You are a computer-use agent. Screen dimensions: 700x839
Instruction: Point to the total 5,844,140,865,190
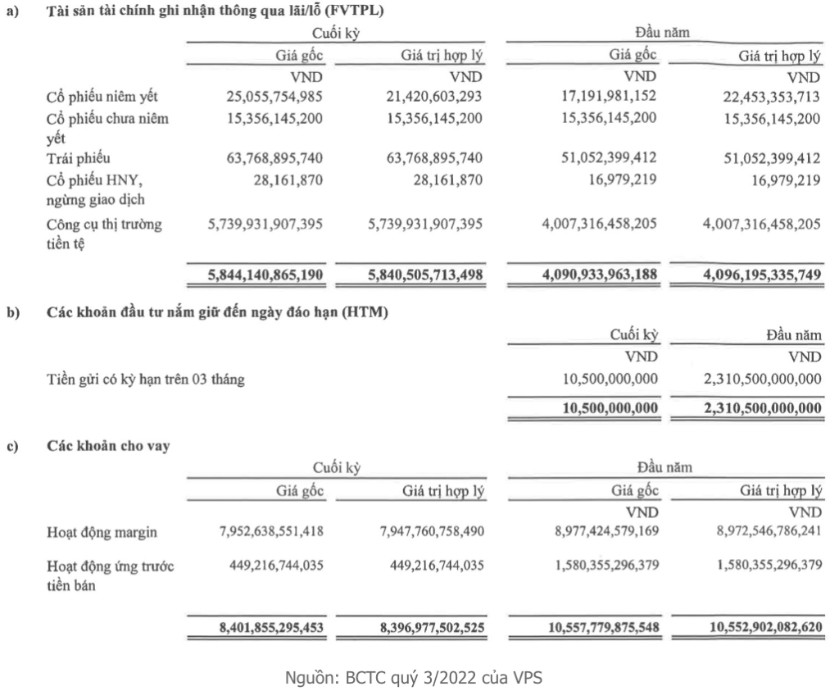tap(265, 275)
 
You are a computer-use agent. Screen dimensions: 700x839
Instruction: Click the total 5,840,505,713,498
tap(423, 275)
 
